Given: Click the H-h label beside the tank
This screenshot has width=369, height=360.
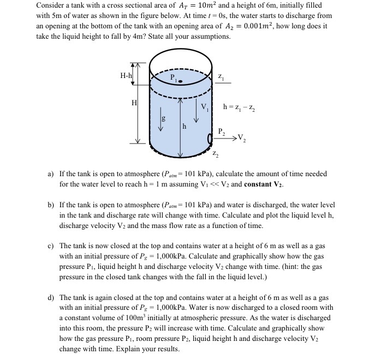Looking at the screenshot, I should (x=127, y=75).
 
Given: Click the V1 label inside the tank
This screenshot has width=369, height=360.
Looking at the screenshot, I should (x=206, y=108).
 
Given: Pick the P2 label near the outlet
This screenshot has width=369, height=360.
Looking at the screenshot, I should (x=221, y=131).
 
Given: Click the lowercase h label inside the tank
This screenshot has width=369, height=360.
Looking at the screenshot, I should (x=184, y=126).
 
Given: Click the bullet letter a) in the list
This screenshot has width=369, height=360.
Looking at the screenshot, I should (x=51, y=174).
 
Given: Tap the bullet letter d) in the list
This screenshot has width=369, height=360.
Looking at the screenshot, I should (x=51, y=297).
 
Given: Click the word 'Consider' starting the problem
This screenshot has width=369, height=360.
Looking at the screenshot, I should (x=52, y=5).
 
